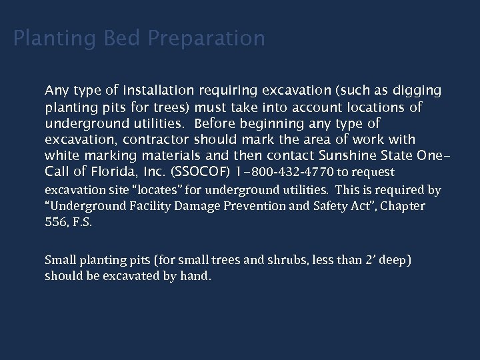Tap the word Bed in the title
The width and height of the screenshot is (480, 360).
coord(125,39)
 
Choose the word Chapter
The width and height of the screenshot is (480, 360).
coord(402,207)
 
